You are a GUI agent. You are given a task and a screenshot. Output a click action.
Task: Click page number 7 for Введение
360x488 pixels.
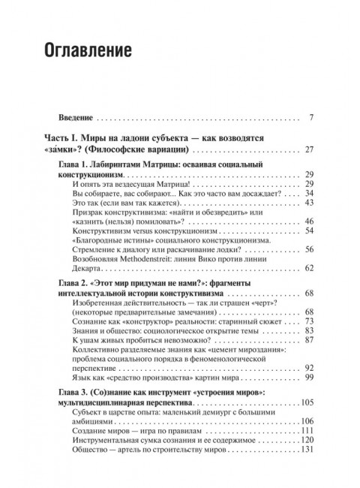(x=310, y=118)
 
